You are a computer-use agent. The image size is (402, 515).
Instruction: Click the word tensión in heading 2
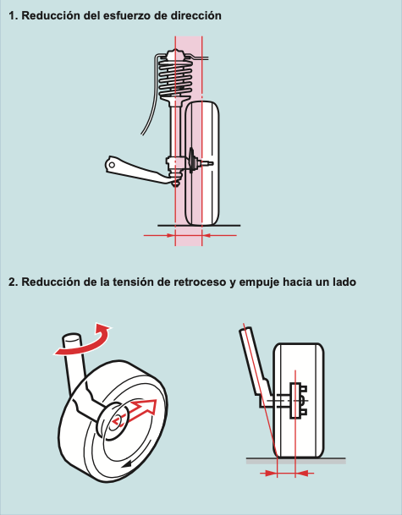pos(133,282)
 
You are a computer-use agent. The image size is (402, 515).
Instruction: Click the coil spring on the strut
pos(175,78)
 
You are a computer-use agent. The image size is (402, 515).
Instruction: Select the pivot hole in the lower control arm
pos(112,165)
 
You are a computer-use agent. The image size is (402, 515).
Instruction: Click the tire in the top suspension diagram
pos(201,163)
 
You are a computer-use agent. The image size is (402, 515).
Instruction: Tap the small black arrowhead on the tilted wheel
pos(126,464)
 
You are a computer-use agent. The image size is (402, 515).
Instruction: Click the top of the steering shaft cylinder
pos(71,338)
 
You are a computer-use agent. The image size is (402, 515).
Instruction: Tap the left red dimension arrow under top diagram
pos(159,235)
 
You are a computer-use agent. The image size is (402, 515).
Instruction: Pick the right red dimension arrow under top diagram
pos(219,235)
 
